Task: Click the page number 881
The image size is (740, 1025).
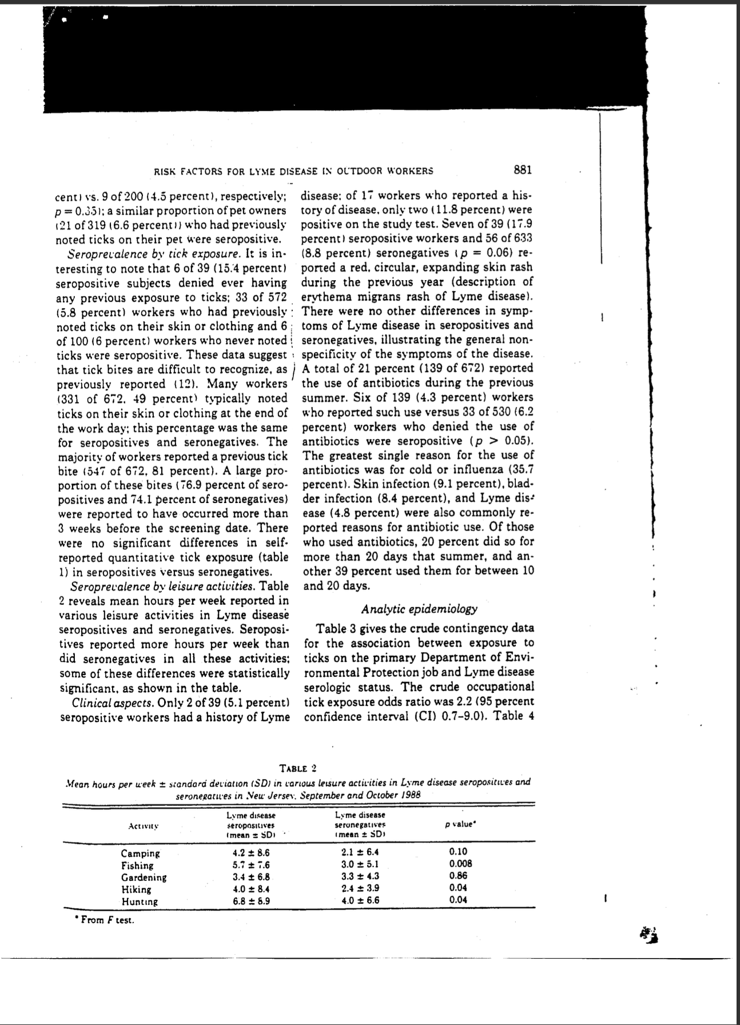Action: click(523, 170)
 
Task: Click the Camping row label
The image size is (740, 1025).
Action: click(141, 853)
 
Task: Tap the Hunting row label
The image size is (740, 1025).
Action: click(140, 901)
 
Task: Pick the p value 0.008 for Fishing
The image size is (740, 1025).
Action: click(460, 864)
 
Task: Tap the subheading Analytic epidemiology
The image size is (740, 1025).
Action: click(419, 609)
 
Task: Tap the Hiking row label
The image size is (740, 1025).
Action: click(137, 889)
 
